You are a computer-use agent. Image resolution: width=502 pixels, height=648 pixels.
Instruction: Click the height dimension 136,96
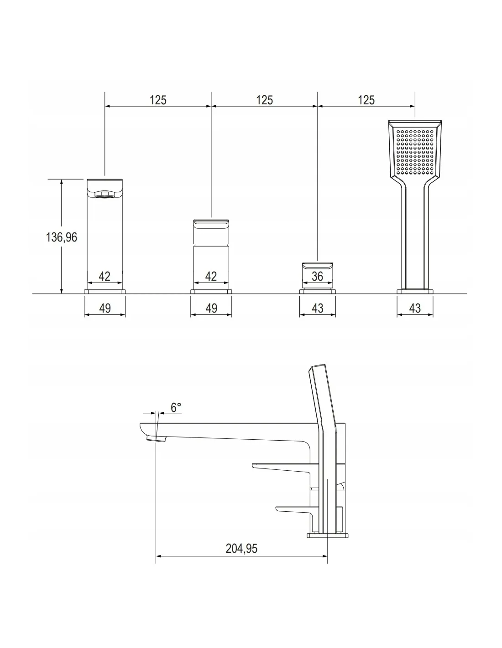pyautogui.click(x=61, y=237)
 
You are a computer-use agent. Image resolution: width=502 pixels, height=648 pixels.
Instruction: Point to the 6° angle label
pyautogui.click(x=176, y=407)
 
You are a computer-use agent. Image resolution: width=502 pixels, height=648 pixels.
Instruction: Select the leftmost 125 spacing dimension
pyautogui.click(x=158, y=100)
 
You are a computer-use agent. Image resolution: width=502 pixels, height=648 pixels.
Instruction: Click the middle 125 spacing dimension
pyautogui.click(x=264, y=100)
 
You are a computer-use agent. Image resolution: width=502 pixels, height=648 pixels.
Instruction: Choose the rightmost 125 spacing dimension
pyautogui.click(x=366, y=100)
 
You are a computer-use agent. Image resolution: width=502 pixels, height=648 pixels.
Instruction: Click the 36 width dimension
pyautogui.click(x=317, y=277)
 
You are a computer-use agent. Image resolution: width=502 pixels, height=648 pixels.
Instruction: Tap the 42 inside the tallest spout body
pyautogui.click(x=105, y=276)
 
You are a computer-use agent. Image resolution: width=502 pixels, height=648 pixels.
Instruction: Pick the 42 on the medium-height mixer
pyautogui.click(x=211, y=276)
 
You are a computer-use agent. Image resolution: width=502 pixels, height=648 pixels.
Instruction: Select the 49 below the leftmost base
pyautogui.click(x=105, y=308)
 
